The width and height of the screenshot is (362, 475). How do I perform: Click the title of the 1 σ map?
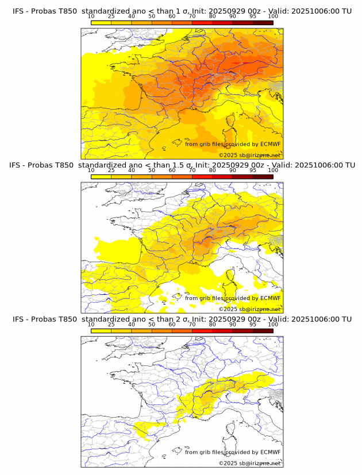pos(182,11)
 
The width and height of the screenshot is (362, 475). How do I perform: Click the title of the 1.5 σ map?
pos(182,165)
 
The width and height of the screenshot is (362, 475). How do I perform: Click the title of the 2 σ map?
pos(182,319)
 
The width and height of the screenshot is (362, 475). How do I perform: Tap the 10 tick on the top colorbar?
pos(91,17)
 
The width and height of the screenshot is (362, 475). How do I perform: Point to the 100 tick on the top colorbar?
pos(273,17)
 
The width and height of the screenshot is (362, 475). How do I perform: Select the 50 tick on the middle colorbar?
pos(152,170)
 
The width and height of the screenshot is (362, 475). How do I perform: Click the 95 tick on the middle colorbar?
pos(253,170)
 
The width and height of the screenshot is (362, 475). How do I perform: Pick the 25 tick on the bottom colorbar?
pos(111,324)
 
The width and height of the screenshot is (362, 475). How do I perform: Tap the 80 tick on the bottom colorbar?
pos(213,324)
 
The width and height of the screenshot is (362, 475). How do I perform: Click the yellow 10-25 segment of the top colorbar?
pos(101,22)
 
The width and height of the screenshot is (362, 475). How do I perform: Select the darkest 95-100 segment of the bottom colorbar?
pos(263,330)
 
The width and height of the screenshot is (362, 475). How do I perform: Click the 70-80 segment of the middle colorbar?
pos(202,176)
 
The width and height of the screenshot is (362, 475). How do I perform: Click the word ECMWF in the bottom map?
pos(270,452)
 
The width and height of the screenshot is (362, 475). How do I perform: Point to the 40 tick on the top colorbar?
pos(132,17)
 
